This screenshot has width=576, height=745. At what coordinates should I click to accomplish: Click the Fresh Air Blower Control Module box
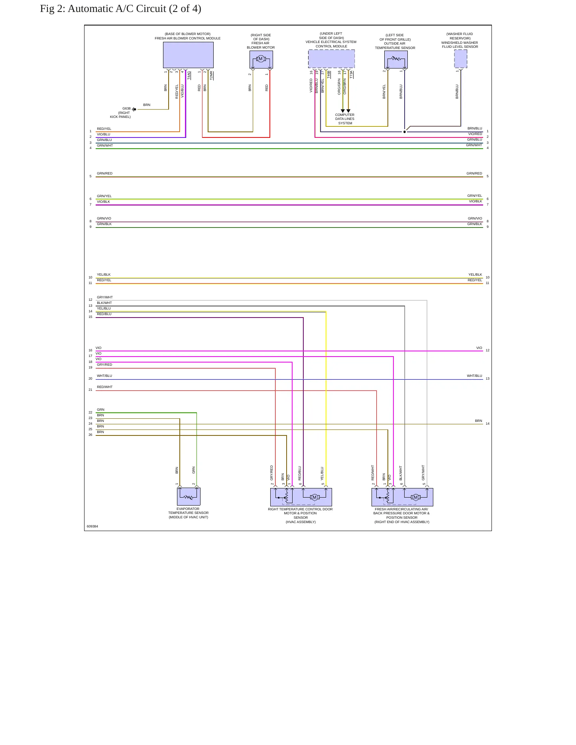[x=188, y=55]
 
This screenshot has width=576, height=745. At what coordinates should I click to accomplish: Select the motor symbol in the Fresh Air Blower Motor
[x=261, y=59]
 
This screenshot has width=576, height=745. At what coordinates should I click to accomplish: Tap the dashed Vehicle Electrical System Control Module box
[x=331, y=59]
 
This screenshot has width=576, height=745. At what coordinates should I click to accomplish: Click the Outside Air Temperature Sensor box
[x=396, y=59]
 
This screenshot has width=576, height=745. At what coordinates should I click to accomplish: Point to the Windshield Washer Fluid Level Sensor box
[x=460, y=59]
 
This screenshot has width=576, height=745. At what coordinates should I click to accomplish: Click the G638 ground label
[x=126, y=108]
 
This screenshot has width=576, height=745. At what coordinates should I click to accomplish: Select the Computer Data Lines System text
[x=345, y=119]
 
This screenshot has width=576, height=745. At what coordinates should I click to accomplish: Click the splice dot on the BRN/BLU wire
[x=405, y=132]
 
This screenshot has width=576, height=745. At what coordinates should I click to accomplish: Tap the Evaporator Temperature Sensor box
[x=189, y=497]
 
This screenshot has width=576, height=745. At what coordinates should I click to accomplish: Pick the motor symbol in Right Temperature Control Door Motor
[x=315, y=497]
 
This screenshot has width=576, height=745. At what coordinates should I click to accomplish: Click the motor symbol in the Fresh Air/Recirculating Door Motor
[x=416, y=497]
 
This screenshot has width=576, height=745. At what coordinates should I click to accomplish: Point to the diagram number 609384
[x=92, y=526]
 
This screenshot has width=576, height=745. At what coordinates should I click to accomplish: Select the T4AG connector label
[x=189, y=76]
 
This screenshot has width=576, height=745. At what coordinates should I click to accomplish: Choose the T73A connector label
[x=351, y=74]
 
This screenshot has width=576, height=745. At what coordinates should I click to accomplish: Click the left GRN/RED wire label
[x=104, y=173]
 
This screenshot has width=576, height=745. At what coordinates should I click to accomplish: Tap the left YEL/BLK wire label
[x=104, y=274]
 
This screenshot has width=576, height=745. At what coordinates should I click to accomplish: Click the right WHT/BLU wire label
[x=474, y=376]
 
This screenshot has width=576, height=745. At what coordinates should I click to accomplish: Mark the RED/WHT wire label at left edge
[x=104, y=387]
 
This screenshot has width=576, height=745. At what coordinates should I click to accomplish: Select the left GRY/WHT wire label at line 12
[x=105, y=297]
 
